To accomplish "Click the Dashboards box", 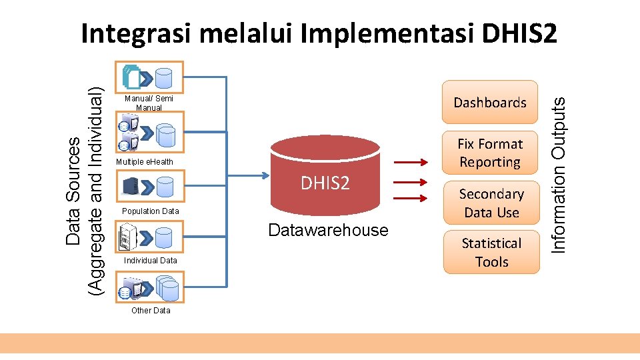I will (x=490, y=103).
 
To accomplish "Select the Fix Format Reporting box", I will (x=490, y=153).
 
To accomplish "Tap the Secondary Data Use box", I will (x=491, y=203).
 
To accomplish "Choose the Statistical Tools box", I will (x=491, y=253).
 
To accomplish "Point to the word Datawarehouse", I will (x=327, y=231).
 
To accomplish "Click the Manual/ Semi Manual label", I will (x=149, y=103).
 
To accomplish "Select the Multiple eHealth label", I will (x=144, y=162).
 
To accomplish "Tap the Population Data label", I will (x=151, y=211).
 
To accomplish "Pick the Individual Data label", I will (x=151, y=261).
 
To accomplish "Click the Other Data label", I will (x=151, y=310).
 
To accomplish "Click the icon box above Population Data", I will (x=150, y=187).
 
